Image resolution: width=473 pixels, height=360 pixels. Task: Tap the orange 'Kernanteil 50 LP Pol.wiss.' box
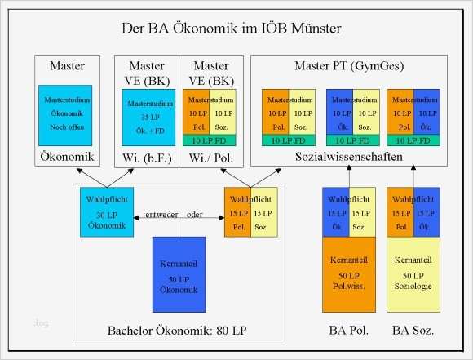click(x=349, y=273)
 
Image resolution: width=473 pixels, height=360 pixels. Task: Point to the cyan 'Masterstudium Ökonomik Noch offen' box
click(x=65, y=114)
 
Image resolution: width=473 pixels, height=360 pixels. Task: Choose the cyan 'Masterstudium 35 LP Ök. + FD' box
click(x=147, y=116)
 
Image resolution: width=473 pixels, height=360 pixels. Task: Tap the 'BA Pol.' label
click(x=349, y=330)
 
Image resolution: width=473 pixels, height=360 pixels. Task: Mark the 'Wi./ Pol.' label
click(x=210, y=155)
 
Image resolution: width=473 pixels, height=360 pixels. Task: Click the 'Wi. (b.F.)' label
click(x=147, y=155)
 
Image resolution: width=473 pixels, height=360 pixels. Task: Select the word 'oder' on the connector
click(x=194, y=215)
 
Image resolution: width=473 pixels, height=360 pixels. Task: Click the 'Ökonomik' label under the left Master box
click(x=65, y=155)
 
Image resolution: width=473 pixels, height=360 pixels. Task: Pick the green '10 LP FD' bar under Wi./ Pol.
click(x=210, y=140)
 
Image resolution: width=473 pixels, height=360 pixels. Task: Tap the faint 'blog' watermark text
click(x=41, y=323)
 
